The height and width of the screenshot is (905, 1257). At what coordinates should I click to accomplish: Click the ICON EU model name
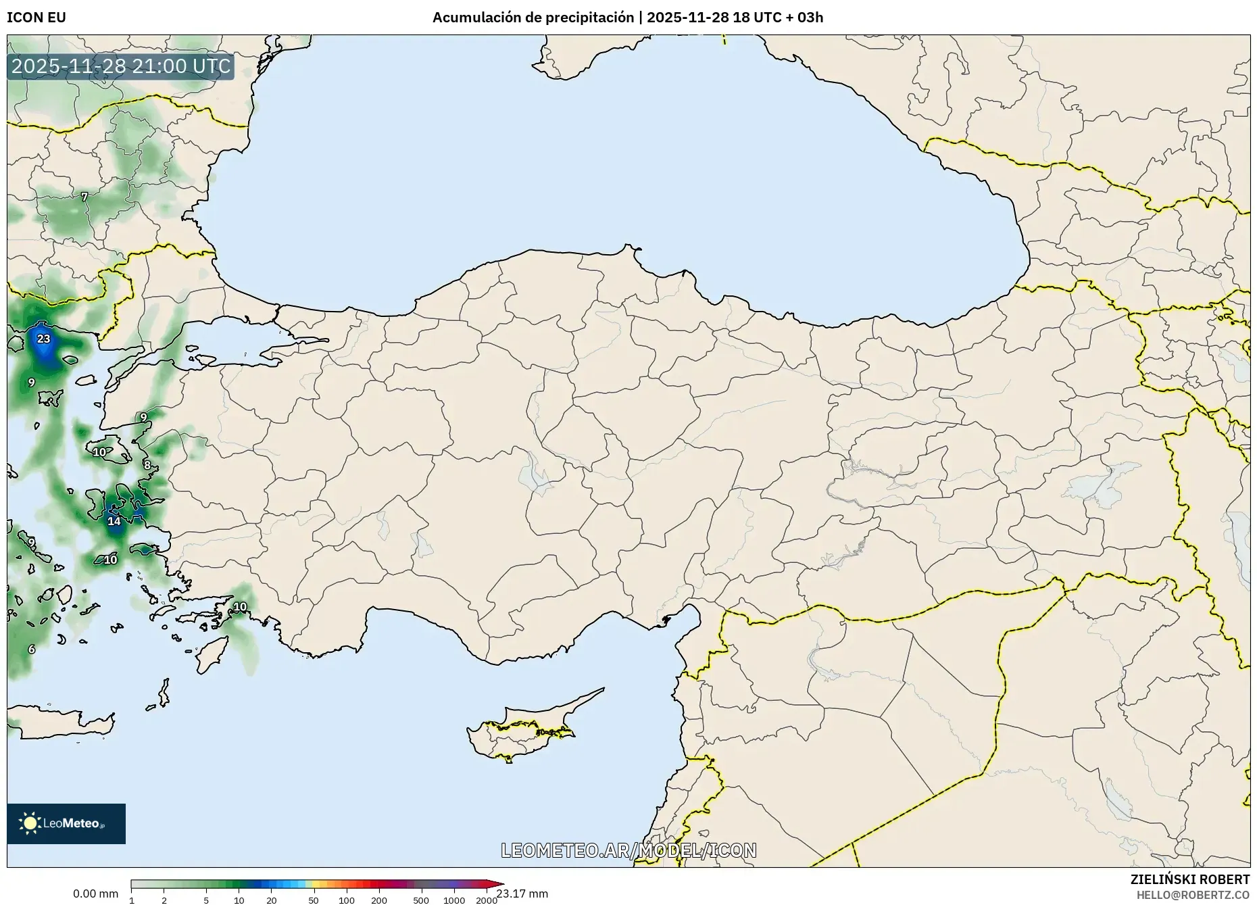(36, 18)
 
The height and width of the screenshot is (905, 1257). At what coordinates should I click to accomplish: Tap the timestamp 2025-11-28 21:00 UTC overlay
(121, 66)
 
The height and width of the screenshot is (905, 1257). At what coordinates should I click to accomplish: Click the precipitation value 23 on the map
(44, 339)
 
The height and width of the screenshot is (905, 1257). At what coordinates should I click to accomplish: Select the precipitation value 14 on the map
(114, 521)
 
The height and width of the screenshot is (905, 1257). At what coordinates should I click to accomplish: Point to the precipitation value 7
(84, 197)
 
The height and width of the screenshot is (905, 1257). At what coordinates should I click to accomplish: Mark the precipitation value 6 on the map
(31, 649)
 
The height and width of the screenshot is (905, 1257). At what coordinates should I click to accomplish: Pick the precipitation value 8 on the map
(147, 465)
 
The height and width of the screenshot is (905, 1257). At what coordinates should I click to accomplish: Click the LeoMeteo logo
(66, 823)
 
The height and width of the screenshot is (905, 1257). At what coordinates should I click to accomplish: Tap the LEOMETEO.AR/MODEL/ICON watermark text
(628, 850)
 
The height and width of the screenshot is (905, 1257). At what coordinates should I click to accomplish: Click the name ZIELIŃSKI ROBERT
(1189, 879)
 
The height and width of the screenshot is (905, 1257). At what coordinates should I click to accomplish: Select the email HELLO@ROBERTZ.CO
(1193, 895)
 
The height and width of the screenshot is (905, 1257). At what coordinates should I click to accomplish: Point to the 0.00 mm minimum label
(95, 894)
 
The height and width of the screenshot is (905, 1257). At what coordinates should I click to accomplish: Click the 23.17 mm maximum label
(522, 894)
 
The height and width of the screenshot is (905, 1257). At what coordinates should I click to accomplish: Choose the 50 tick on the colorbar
(314, 900)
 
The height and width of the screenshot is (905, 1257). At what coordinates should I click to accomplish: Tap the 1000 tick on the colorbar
(454, 900)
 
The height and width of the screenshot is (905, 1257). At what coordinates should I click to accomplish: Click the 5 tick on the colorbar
(206, 900)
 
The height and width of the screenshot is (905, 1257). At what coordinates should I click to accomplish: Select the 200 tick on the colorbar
(379, 900)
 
